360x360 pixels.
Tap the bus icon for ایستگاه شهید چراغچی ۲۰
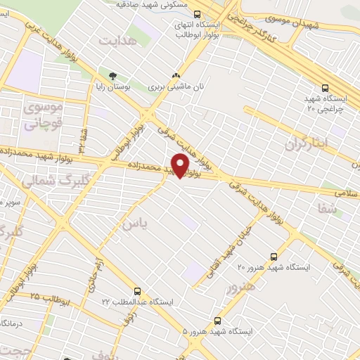(325, 88)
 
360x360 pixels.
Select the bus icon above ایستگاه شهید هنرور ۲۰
(274, 257)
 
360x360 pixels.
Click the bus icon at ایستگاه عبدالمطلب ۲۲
(137, 290)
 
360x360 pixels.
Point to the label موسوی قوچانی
(44, 116)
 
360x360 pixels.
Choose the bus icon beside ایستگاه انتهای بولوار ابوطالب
(198, 13)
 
